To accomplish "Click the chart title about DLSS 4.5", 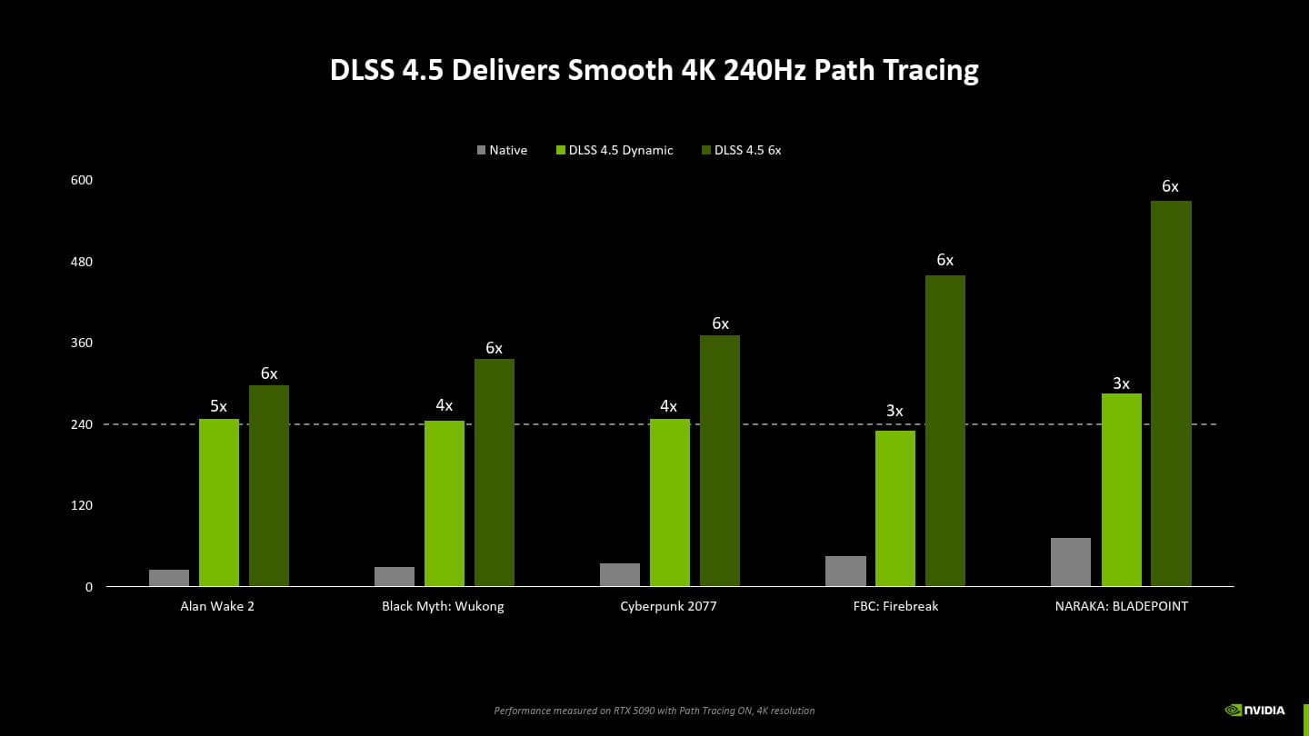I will [654, 70].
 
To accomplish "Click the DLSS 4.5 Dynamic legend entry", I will [615, 150].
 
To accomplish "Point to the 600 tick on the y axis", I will [82, 181].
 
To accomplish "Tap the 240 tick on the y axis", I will [82, 424].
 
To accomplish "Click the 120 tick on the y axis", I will [82, 505].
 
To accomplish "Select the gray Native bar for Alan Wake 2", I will [169, 578].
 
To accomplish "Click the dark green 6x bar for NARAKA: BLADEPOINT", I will [1171, 393].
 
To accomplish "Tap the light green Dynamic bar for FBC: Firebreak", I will [895, 508].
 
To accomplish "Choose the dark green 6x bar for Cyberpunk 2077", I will [720, 461].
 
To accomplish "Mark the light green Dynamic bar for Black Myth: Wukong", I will [445, 503].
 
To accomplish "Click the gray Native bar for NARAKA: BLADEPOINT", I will [1071, 562].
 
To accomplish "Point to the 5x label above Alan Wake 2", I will [219, 406].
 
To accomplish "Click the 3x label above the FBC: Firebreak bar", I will [895, 412].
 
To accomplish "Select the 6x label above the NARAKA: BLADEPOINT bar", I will [1170, 187].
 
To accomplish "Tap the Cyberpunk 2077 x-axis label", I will [668, 606].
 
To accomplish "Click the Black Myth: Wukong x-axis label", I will [443, 606].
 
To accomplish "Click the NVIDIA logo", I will [1255, 710].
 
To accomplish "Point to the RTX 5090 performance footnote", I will [654, 711].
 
